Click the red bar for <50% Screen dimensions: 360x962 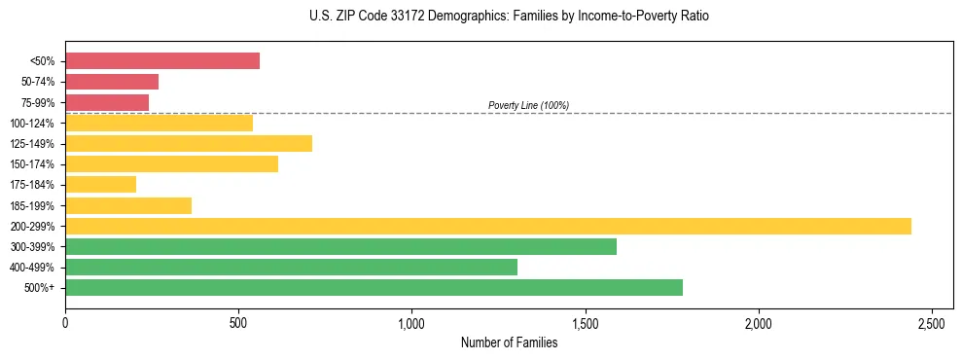[162, 60]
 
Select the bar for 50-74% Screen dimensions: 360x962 [112, 82]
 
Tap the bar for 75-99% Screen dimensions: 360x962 [107, 102]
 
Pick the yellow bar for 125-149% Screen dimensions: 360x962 [189, 144]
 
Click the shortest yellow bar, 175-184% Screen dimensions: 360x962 [101, 185]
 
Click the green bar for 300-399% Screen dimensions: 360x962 [340, 246]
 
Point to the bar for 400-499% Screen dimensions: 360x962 [291, 267]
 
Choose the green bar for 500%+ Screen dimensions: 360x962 [374, 287]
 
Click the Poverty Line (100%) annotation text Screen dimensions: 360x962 [528, 105]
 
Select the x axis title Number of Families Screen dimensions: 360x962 [509, 342]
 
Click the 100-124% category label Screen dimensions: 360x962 [34, 124]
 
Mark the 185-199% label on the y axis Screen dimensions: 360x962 [34, 205]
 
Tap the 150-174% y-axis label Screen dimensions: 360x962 [34, 164]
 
